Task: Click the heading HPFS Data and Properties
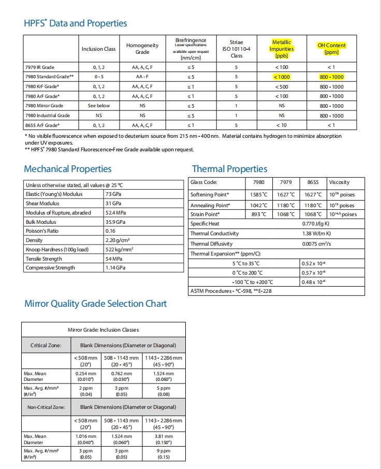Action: [76, 23]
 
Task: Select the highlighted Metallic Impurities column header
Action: [282, 49]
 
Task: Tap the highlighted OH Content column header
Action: [332, 49]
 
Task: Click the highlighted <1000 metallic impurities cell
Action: [282, 77]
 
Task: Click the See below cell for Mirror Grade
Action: [99, 106]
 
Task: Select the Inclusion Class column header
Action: [99, 49]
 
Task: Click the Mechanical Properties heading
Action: [68, 169]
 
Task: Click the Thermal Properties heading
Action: [229, 169]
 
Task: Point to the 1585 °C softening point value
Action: [258, 195]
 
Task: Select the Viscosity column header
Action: [339, 182]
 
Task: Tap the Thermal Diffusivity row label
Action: [211, 244]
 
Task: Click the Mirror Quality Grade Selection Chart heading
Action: [96, 303]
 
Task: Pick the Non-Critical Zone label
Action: [47, 407]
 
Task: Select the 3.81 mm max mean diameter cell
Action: [164, 439]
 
